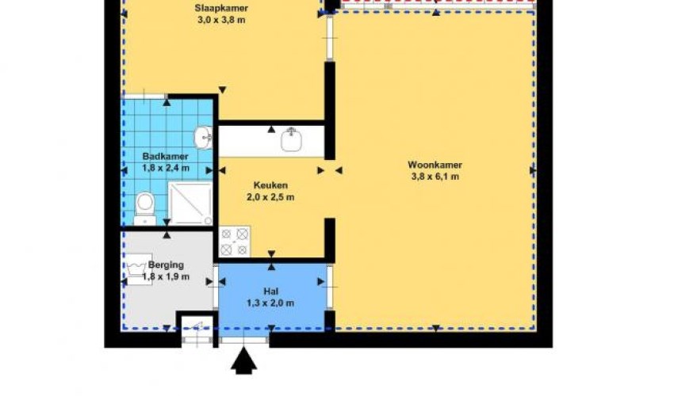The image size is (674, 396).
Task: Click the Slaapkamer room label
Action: pyautogui.click(x=221, y=8)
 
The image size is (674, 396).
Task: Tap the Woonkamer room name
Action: pyautogui.click(x=435, y=165)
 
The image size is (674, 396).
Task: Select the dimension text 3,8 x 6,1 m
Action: pyautogui.click(x=435, y=177)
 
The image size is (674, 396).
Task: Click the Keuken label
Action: pyautogui.click(x=270, y=185)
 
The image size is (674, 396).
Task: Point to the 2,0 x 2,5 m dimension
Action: pyautogui.click(x=270, y=197)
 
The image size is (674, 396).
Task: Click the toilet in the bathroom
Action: pyautogui.click(x=145, y=208)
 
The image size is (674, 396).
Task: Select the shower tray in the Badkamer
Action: pyautogui.click(x=190, y=204)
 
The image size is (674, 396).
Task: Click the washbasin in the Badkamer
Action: pyautogui.click(x=203, y=138)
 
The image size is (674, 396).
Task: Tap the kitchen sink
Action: pyautogui.click(x=292, y=139)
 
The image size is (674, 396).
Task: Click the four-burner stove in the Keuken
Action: pyautogui.click(x=234, y=242)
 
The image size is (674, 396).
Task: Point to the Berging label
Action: pyautogui.click(x=166, y=265)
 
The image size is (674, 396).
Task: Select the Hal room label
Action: pyautogui.click(x=271, y=291)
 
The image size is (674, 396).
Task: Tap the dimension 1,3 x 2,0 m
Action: pyautogui.click(x=270, y=303)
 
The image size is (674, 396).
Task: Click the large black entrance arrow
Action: pyautogui.click(x=243, y=360)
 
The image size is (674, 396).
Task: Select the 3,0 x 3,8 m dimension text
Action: pyautogui.click(x=221, y=20)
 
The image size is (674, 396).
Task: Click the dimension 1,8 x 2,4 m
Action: pyautogui.click(x=166, y=168)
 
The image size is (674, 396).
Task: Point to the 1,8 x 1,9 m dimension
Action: pyautogui.click(x=166, y=276)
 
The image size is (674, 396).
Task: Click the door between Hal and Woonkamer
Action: pyautogui.click(x=330, y=287)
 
